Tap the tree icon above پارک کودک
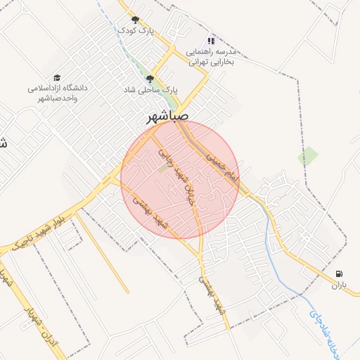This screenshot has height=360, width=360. pyautogui.click(x=135, y=20)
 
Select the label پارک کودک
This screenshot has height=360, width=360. pyautogui.click(x=135, y=31)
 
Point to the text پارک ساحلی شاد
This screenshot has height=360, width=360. pyautogui.click(x=150, y=91)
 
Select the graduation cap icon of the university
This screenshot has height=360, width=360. pyautogui.click(x=56, y=77)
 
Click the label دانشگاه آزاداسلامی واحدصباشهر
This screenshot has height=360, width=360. pyautogui.click(x=56, y=94)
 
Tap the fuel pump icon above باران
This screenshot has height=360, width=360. pyautogui.click(x=340, y=274)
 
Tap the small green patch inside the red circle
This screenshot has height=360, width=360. pyautogui.click(x=163, y=168)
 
